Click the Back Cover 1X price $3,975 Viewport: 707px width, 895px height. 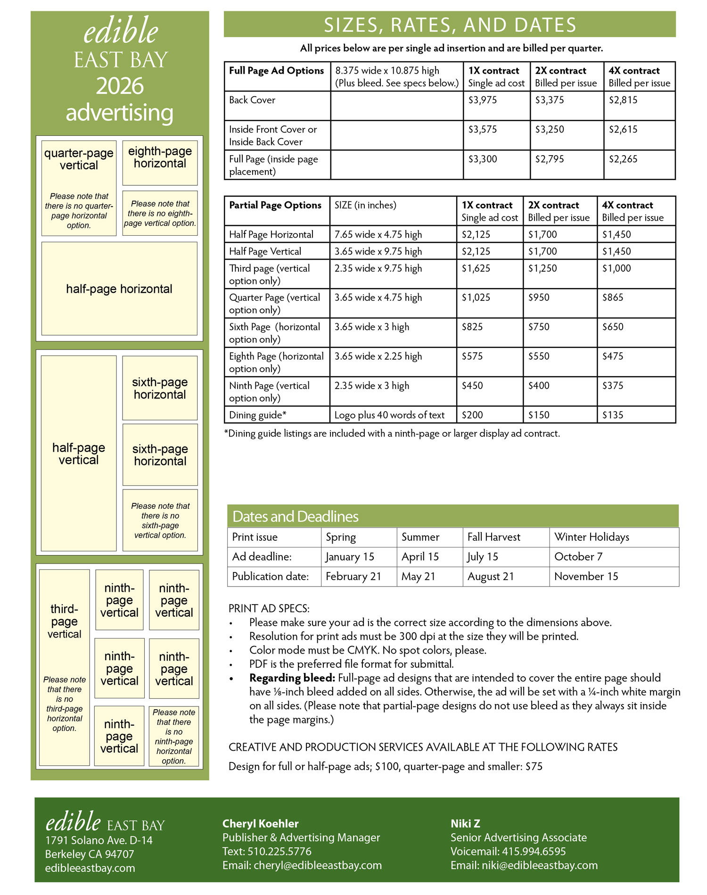[x=482, y=100]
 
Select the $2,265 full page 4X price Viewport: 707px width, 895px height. [x=623, y=159]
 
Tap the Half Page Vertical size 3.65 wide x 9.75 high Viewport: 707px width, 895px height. [x=378, y=251]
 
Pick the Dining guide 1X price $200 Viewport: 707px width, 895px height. [x=472, y=415]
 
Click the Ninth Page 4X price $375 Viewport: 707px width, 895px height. [x=613, y=386]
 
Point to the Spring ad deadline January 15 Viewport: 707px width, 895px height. [x=350, y=557]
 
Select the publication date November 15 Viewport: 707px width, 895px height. [x=586, y=576]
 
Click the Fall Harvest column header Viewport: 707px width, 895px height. [x=493, y=537]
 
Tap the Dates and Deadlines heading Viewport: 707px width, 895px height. [x=296, y=517]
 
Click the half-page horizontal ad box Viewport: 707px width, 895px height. [x=119, y=289]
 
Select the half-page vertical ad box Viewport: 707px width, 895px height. [x=79, y=453]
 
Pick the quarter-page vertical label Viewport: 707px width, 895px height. [x=79, y=159]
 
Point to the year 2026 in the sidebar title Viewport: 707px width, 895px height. [x=120, y=86]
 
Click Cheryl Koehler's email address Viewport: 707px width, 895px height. [x=317, y=865]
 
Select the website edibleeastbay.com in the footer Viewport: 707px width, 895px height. [x=90, y=868]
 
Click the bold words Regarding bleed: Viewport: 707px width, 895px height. [x=292, y=678]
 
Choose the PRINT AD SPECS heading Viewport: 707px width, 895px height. [x=269, y=608]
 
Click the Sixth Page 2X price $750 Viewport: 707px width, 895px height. [x=539, y=327]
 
